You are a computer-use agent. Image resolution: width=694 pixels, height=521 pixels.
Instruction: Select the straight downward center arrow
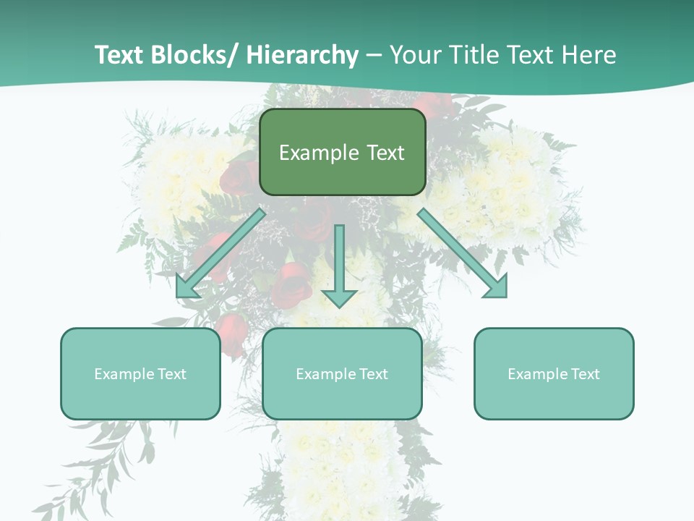point(339,260)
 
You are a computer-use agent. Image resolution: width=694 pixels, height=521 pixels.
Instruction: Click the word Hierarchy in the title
point(302,55)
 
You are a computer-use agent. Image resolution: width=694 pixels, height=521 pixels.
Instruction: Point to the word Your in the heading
point(415,55)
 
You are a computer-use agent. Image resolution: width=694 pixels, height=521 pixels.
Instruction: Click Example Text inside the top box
point(342,153)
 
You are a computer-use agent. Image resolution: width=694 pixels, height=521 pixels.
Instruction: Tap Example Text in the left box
point(140,374)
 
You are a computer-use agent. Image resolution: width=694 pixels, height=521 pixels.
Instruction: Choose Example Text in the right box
point(554,374)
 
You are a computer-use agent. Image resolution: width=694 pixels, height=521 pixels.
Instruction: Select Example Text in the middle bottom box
point(342,374)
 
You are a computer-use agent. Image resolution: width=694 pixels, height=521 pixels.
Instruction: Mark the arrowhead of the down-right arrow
point(496,287)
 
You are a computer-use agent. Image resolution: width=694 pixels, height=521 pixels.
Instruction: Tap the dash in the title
point(374,56)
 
